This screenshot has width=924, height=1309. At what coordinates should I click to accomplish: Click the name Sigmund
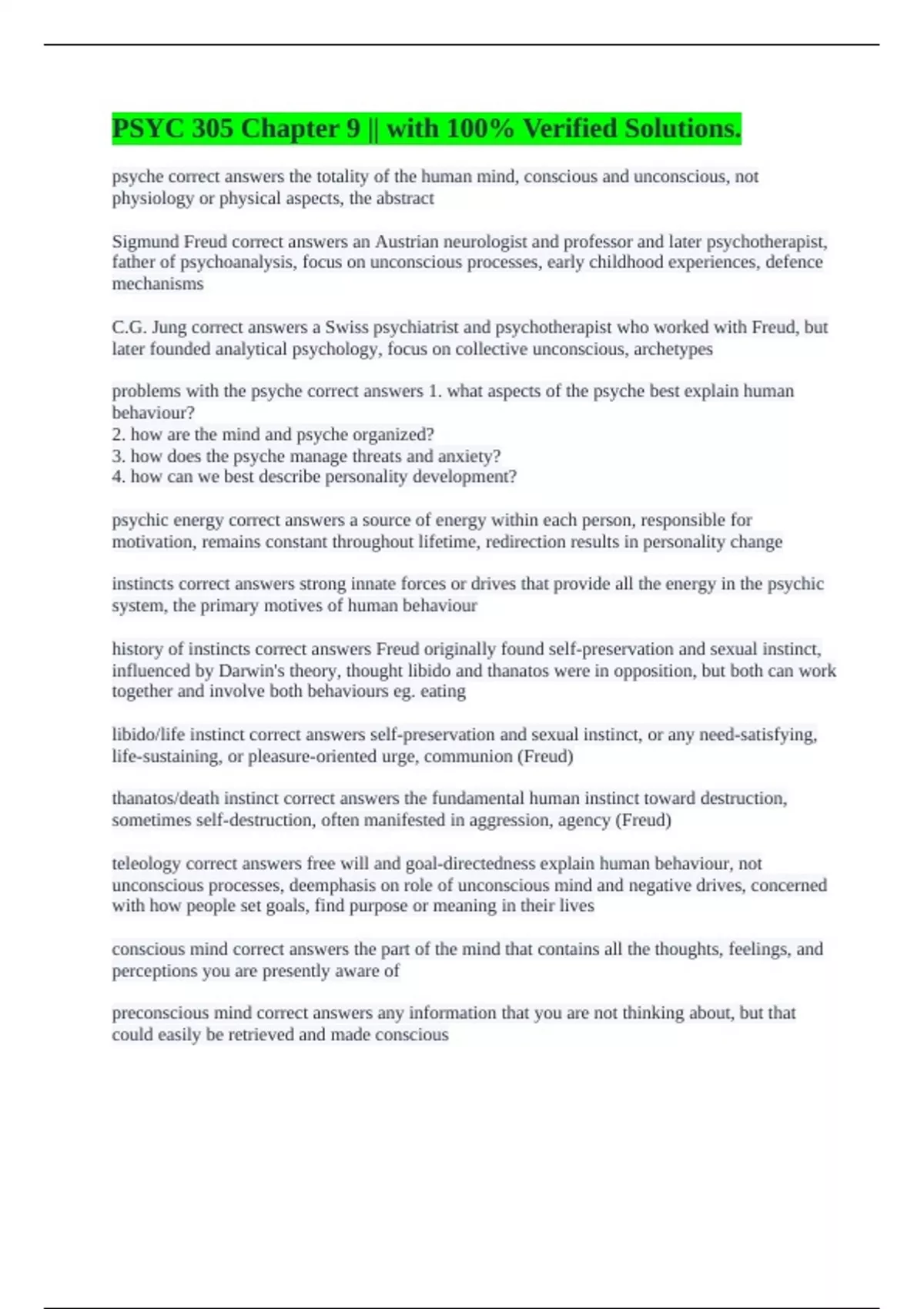146,242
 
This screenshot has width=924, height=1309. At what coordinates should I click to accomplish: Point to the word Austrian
406,242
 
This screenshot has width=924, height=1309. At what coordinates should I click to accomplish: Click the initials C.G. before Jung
129,327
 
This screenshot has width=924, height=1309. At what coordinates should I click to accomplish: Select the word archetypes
673,349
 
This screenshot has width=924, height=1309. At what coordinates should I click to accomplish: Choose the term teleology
146,864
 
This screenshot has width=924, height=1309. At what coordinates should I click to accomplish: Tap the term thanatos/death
166,798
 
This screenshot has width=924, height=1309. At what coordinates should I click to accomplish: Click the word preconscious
160,1013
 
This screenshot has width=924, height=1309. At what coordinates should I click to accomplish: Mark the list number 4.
118,477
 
